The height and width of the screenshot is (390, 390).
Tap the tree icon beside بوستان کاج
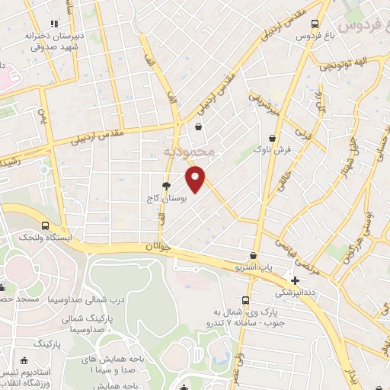tap(166, 186)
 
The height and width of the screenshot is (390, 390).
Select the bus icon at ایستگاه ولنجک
tap(45, 226)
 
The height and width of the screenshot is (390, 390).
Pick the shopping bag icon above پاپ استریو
tap(253, 256)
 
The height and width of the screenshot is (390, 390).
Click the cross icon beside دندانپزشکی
tap(295, 280)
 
